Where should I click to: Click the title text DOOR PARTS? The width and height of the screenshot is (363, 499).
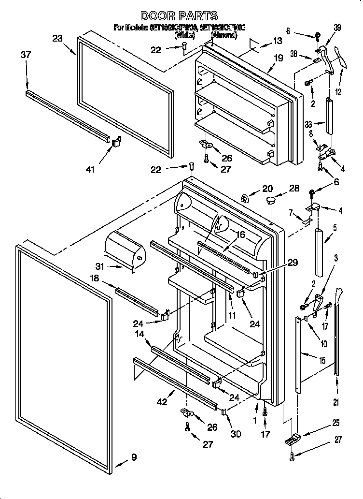pyautogui.click(x=179, y=16)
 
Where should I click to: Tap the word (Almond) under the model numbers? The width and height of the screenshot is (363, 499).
pyautogui.click(x=224, y=35)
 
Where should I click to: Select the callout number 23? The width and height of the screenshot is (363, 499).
pyautogui.click(x=58, y=39)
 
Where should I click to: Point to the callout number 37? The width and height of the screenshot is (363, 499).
pyautogui.click(x=25, y=55)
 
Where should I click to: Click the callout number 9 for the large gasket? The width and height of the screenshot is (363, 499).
pyautogui.click(x=134, y=457)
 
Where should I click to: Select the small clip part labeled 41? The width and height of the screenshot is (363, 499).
pyautogui.click(x=116, y=142)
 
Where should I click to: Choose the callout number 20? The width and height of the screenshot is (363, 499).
pyautogui.click(x=267, y=189)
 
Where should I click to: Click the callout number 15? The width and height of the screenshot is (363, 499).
pyautogui.click(x=321, y=361)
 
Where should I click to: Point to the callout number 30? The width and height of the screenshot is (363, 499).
pyautogui.click(x=236, y=434)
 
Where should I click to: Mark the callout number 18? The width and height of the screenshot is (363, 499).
pyautogui.click(x=94, y=279)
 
